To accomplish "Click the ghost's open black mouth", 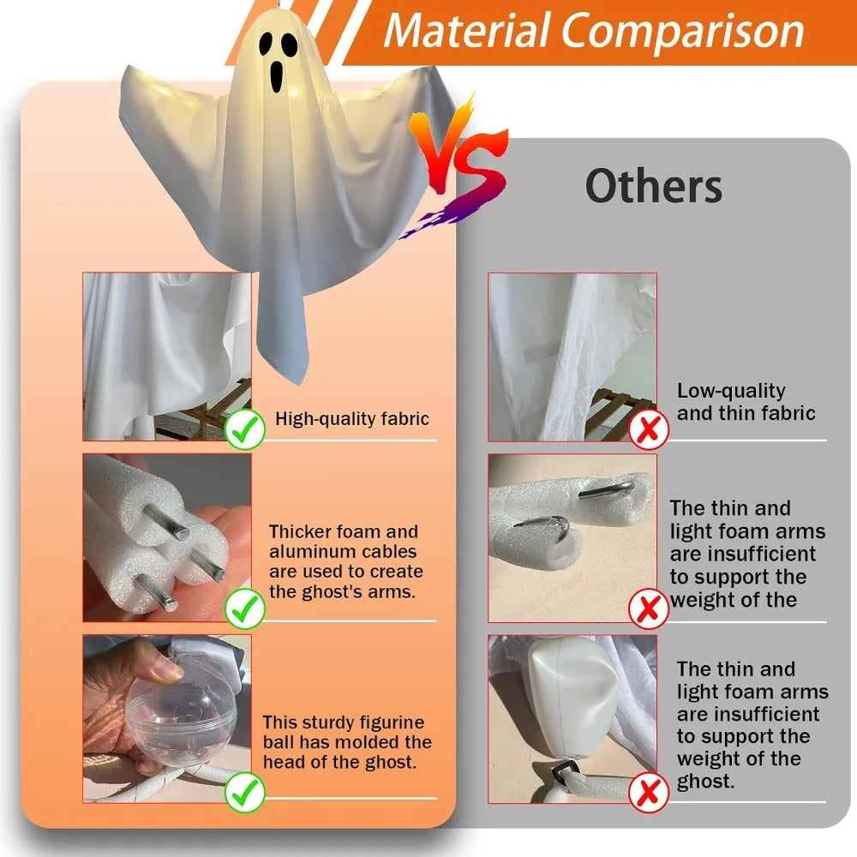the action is [x=277, y=76].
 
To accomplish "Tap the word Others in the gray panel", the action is [x=654, y=186].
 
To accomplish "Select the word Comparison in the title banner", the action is [x=683, y=31].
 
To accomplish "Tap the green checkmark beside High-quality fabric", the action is [x=244, y=429].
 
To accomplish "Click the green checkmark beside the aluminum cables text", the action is [x=244, y=608].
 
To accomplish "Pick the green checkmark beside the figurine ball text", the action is [x=244, y=792].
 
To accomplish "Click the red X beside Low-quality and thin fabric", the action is [x=649, y=429].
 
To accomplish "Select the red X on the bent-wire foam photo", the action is [x=649, y=608].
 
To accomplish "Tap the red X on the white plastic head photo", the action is [x=649, y=792].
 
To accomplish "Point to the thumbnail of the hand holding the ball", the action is [x=167, y=719].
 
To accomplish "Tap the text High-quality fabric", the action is [x=352, y=419].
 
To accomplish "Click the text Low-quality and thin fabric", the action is [x=746, y=402].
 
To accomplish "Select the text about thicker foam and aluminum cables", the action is [x=345, y=561].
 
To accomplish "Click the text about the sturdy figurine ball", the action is [x=347, y=741].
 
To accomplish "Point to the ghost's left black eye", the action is [x=267, y=45].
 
